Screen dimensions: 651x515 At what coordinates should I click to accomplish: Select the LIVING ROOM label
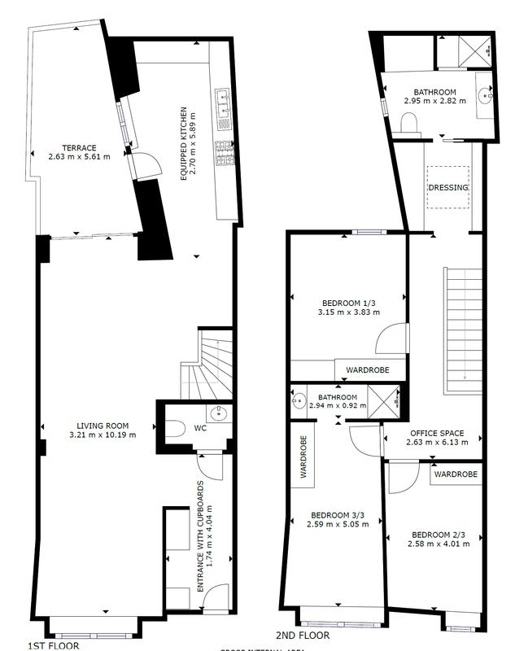pos(101,425)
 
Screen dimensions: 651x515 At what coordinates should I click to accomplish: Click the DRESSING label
pos(448,187)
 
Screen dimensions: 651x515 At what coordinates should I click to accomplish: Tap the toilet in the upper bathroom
pos(409,122)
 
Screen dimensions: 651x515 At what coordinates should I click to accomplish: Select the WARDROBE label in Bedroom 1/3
pos(367,369)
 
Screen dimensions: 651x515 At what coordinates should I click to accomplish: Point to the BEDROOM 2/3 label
pos(438,535)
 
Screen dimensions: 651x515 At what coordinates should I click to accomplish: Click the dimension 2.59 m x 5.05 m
pos(338,524)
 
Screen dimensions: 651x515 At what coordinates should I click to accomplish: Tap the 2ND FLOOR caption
pos(303,636)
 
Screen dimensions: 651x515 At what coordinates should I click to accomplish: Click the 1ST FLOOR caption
pos(54,645)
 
